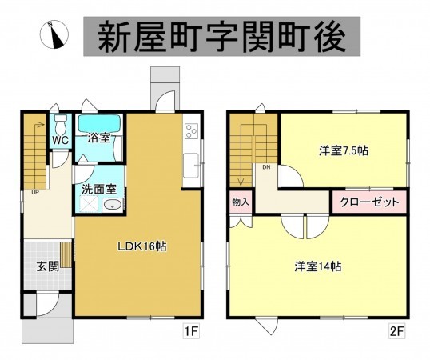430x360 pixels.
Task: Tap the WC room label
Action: (60, 139)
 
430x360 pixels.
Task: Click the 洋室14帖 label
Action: (317, 266)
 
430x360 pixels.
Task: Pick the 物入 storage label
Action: (241, 202)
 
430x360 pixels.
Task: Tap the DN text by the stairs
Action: (265, 167)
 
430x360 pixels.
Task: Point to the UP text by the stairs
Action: (35, 192)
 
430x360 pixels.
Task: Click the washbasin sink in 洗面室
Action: (113, 206)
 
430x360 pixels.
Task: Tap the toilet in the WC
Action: (59, 125)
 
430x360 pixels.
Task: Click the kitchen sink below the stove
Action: (191, 166)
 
